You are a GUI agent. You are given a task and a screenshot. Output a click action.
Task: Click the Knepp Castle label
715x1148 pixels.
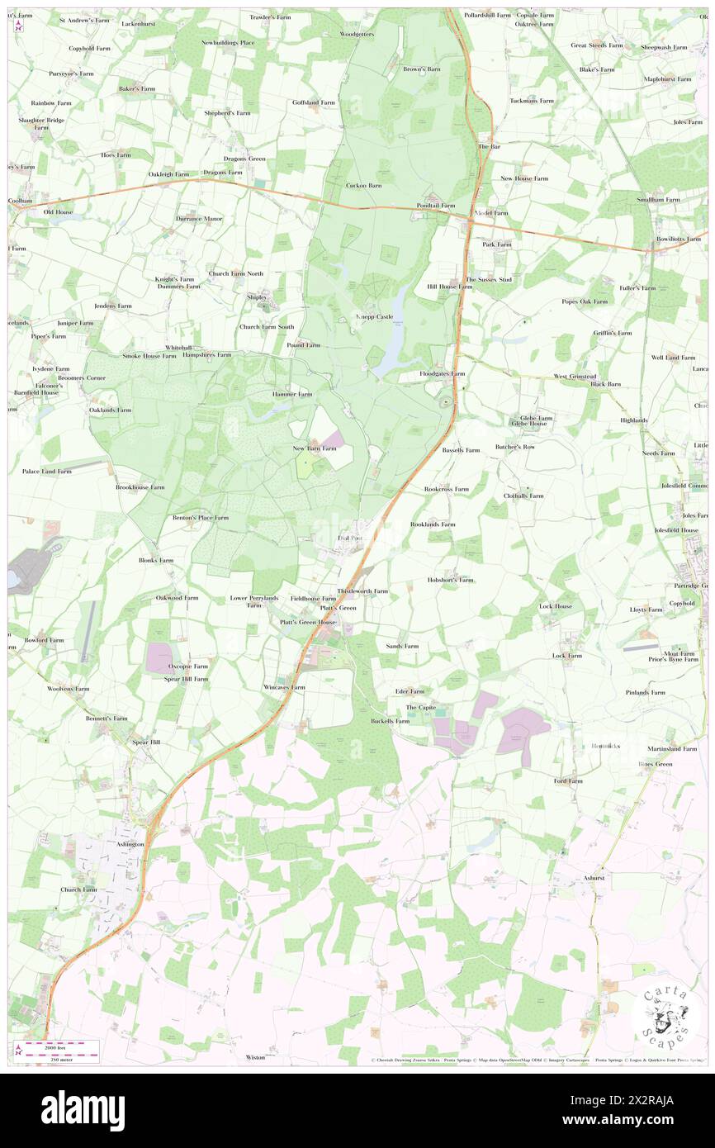click(x=374, y=316)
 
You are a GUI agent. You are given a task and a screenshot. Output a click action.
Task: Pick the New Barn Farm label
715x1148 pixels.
click(x=315, y=448)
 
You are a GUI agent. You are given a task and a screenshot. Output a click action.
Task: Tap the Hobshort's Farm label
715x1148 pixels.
click(x=450, y=580)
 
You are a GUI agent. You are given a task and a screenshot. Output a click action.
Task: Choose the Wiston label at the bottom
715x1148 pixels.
click(x=256, y=1057)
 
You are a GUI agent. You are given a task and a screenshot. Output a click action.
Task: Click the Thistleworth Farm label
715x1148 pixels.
click(x=362, y=591)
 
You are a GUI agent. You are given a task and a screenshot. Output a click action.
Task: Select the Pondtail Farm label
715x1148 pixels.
click(x=436, y=205)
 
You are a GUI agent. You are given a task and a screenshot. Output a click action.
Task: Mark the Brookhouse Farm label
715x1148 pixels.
click(x=140, y=487)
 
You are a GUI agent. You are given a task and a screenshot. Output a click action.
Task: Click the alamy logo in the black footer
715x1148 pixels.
click(x=83, y=1111)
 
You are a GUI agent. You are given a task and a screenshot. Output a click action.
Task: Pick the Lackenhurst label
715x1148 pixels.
click(x=138, y=24)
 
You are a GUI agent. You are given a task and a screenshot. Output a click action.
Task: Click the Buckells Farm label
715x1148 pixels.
click(x=390, y=721)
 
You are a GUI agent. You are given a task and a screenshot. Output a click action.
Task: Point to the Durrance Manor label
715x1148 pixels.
click(x=199, y=219)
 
